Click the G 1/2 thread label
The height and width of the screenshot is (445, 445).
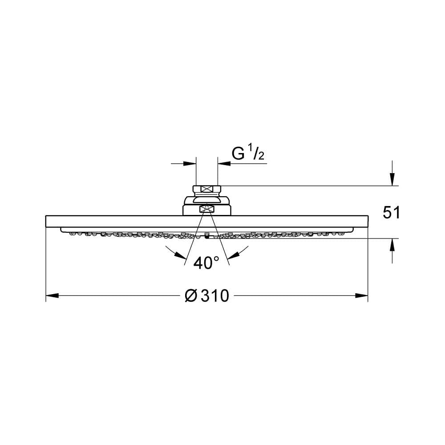pos(248,152)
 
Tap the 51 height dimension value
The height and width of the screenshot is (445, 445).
pos(391,212)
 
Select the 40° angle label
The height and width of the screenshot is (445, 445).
pos(206,263)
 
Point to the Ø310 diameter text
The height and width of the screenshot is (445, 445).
pos(206,296)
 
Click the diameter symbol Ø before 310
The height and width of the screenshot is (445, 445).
pos(191,296)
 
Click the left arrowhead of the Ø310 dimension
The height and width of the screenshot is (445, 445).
pos(52,296)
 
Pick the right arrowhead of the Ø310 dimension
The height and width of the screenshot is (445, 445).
pos(361,296)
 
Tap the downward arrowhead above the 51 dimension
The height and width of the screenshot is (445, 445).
pos(392,179)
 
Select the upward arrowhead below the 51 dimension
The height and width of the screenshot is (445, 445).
pos(392,245)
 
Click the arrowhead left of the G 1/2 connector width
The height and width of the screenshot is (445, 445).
pos(190,163)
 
